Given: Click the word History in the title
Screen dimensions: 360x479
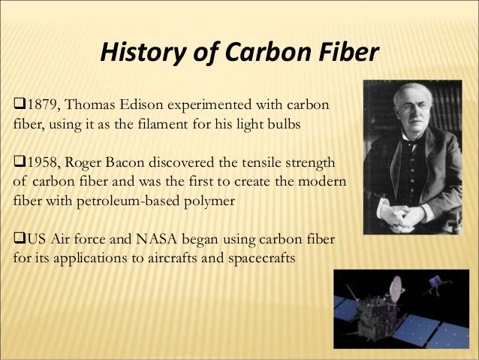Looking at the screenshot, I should pos(139,53).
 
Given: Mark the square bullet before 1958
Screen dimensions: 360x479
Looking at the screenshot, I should pos(19,163).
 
